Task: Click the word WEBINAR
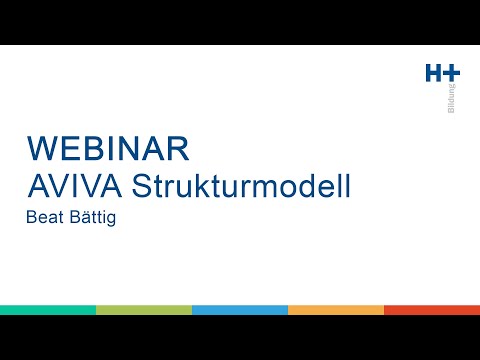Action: coord(108,147)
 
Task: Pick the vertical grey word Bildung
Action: coord(453,98)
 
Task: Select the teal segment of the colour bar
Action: coord(48,310)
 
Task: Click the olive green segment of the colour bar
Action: coord(144,310)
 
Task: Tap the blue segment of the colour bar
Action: coord(240,310)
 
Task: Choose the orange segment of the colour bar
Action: coord(336,310)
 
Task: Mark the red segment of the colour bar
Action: coord(432,310)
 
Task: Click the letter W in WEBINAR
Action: coord(41,147)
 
